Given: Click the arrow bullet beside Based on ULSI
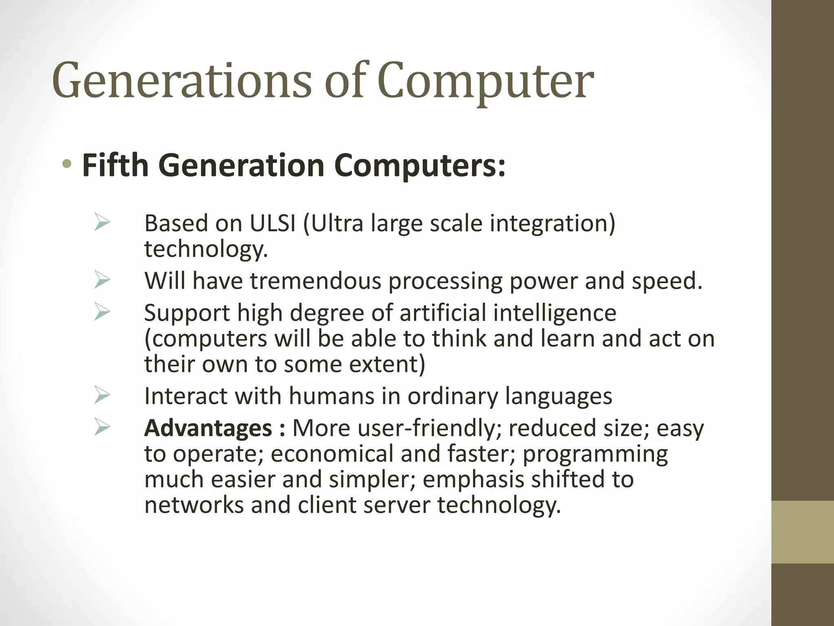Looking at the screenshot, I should [x=102, y=223].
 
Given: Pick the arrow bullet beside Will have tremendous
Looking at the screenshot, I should [x=102, y=280].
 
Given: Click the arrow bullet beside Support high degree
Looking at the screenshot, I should [x=102, y=312].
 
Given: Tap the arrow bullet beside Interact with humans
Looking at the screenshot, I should [x=102, y=395].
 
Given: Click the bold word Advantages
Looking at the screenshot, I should [x=208, y=428].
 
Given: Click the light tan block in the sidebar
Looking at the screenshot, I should [x=802, y=532].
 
